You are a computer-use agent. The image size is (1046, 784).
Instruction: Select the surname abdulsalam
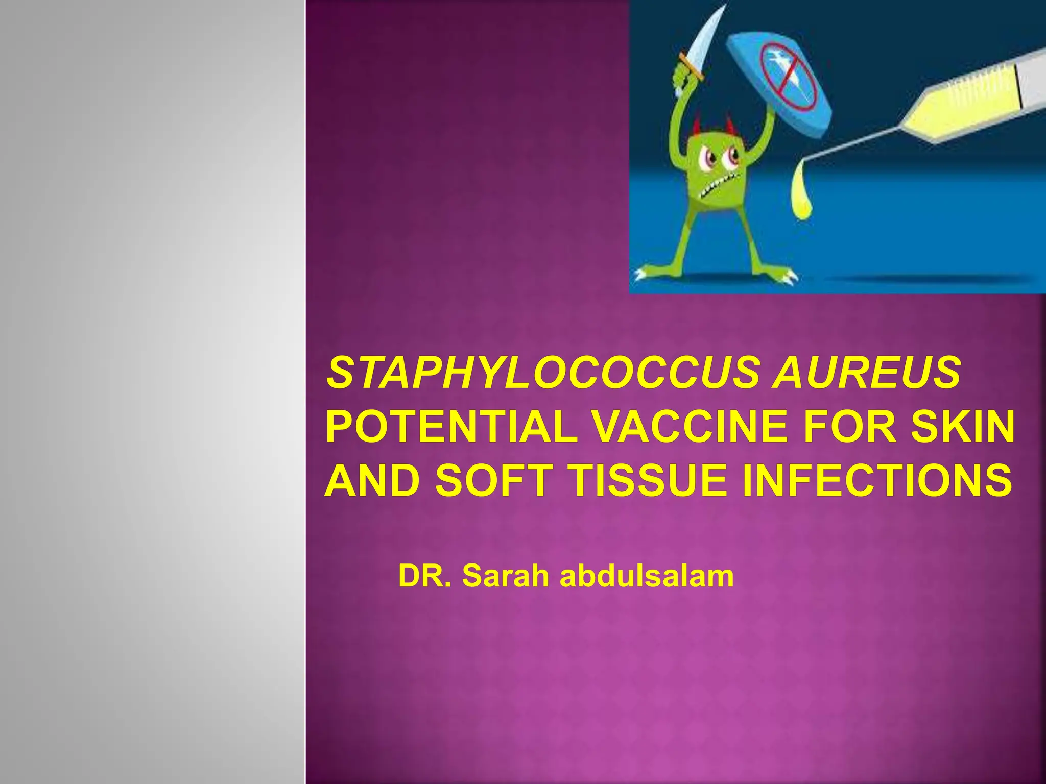click(x=647, y=576)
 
